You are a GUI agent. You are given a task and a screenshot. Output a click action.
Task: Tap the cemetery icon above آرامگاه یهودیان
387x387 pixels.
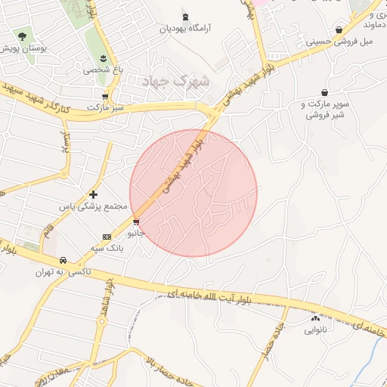tap(186, 17)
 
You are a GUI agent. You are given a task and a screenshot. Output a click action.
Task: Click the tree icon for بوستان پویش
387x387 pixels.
tap(23, 36)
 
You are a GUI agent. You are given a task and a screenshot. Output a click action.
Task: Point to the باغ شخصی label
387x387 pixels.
tap(103, 69)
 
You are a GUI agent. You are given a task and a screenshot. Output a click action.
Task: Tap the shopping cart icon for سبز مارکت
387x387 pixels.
tap(104, 97)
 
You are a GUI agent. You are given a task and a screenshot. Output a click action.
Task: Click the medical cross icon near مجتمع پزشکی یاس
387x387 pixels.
tap(94, 194)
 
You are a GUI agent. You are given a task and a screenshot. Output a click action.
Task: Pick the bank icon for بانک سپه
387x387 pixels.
tap(107, 237)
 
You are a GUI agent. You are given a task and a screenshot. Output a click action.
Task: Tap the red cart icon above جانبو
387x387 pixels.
tap(135, 222)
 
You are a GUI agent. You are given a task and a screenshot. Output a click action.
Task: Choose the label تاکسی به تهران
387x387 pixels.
tap(63, 270)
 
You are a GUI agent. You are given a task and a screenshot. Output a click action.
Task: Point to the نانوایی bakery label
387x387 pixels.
tap(315, 330)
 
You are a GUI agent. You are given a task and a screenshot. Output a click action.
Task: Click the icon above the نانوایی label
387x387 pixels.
tap(315, 318)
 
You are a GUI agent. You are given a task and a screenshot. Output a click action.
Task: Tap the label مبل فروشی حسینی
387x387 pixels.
tap(339, 42)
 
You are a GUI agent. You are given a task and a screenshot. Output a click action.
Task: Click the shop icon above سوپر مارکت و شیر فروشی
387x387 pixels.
tap(324, 92)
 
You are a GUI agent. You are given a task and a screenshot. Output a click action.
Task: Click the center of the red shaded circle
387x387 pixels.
tap(193, 193)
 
